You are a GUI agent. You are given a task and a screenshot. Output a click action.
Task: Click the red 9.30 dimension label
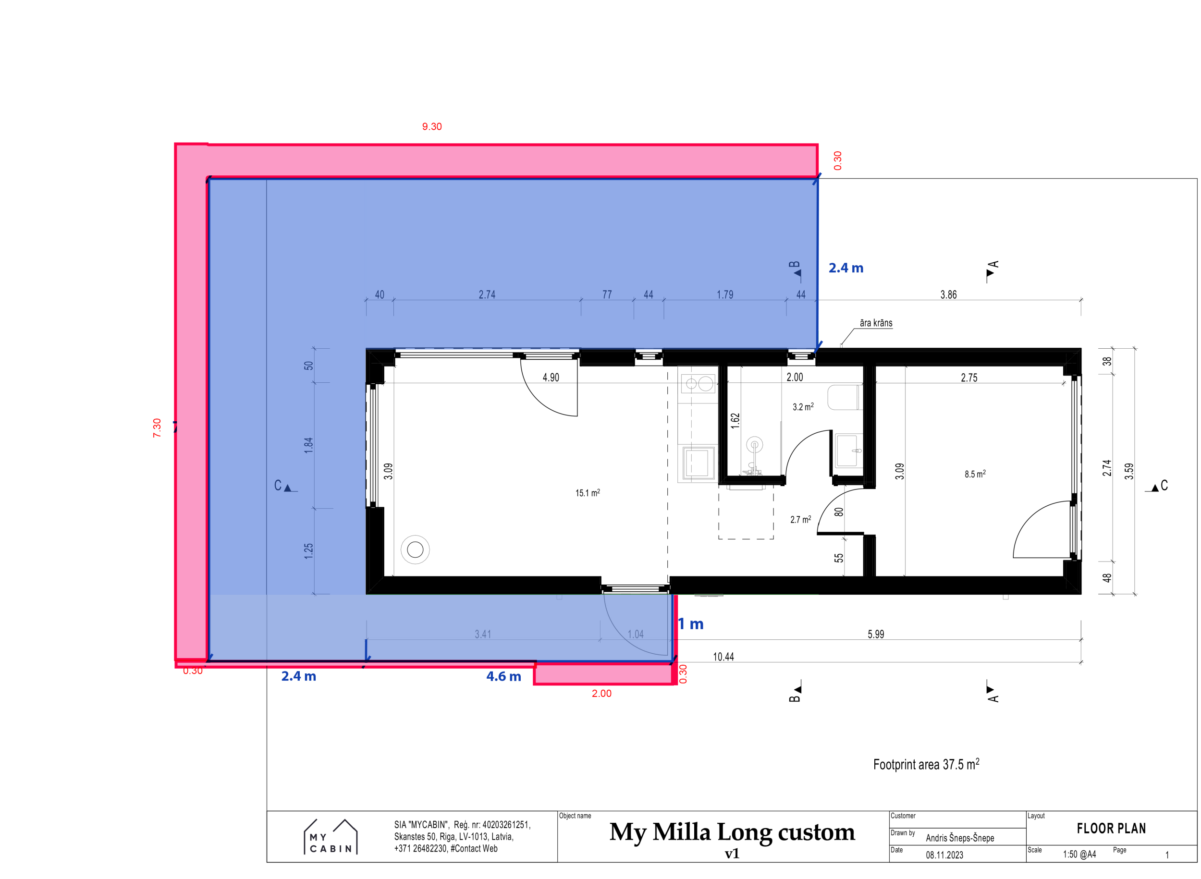[431, 127]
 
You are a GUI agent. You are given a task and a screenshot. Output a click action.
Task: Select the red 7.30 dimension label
[157, 428]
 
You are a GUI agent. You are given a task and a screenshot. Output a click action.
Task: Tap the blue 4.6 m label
[503, 676]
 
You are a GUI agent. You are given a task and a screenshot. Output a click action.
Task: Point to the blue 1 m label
[691, 623]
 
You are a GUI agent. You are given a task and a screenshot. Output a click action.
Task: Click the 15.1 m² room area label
[588, 493]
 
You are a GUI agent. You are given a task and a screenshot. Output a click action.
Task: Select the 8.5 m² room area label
[975, 474]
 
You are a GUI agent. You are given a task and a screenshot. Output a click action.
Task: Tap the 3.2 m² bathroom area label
[803, 406]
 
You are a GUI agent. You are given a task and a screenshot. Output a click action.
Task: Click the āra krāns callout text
[876, 323]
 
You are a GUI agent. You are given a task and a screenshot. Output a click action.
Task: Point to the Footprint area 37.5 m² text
[926, 764]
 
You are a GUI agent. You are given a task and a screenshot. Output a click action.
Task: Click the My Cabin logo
[331, 837]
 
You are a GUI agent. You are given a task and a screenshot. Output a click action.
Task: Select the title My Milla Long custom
[732, 831]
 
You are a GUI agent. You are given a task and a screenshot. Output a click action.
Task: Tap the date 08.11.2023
[944, 855]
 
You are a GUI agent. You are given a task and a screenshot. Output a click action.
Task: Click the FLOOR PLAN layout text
[1111, 829]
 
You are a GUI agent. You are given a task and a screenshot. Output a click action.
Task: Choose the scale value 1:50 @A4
[1079, 855]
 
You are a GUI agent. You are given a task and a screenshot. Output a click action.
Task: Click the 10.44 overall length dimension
[723, 657]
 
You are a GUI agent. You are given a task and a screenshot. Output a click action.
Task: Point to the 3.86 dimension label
[948, 294]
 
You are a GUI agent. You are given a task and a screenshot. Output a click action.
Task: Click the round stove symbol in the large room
[415, 549]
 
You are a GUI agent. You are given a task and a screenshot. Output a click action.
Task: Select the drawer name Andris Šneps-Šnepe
[960, 838]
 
